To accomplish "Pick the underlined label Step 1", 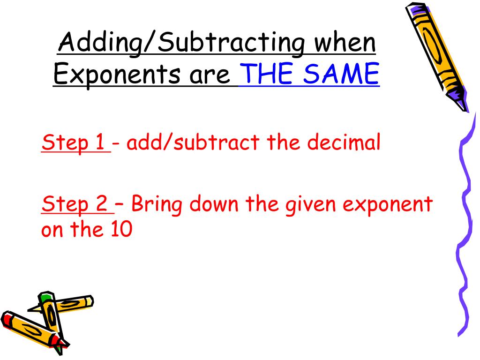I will (75, 143).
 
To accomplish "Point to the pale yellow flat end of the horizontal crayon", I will (89, 300).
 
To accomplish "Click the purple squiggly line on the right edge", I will (465, 211).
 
